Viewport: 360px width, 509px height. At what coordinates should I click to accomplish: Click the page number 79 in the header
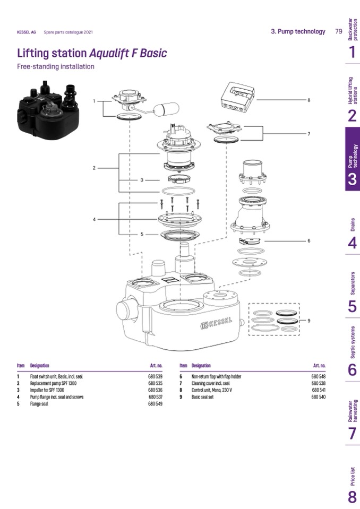pos(338,31)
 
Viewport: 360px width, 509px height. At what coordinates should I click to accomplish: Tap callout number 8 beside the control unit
pos(308,100)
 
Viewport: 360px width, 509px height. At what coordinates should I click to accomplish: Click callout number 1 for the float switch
pos(94,101)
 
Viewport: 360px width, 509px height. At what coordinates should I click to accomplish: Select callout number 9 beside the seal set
pos(308,321)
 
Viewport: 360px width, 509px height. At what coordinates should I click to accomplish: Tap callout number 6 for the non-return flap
pos(308,240)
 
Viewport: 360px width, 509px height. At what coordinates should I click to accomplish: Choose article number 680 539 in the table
pos(155,377)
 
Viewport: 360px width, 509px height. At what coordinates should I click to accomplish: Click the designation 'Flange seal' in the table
pos(40,403)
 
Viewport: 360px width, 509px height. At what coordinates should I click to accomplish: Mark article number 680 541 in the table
pos(319,390)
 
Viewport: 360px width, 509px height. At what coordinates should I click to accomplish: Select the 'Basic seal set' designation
pos(202,397)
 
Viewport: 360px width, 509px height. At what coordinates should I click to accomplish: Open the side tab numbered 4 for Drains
pos(352,243)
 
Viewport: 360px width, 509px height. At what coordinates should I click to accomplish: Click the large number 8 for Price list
pos(352,497)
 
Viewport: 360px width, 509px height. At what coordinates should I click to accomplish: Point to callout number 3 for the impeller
pos(142,180)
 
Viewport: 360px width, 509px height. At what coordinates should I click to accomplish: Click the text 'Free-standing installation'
pos(56,67)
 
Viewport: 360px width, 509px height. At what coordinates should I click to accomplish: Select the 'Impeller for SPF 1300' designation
pos(47,390)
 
